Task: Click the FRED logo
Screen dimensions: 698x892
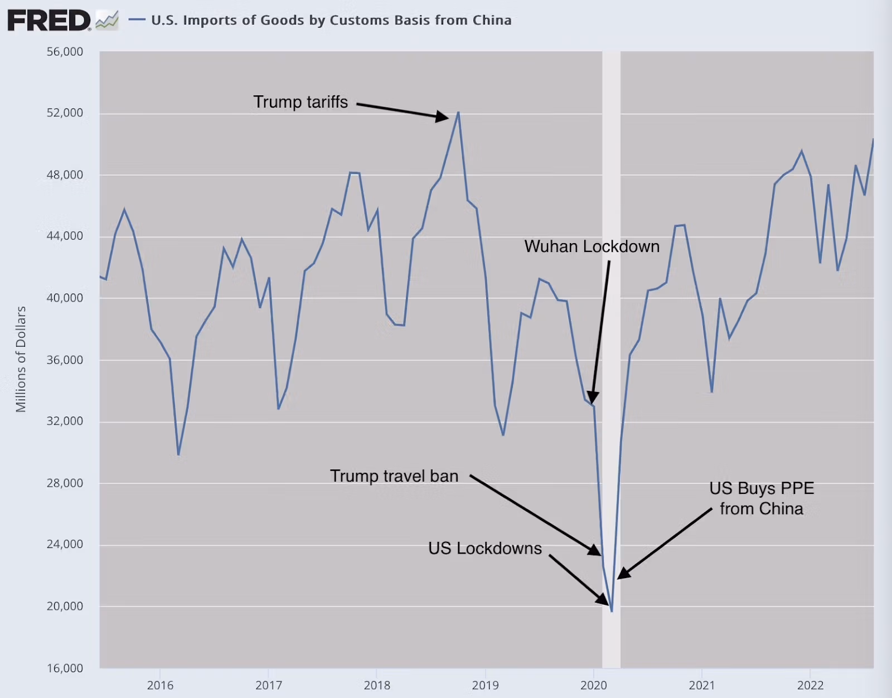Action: (49, 21)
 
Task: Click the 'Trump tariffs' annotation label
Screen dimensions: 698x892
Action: (300, 102)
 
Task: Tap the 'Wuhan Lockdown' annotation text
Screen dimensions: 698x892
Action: (592, 246)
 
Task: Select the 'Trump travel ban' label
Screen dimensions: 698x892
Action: (394, 476)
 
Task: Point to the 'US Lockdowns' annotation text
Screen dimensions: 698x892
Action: (485, 549)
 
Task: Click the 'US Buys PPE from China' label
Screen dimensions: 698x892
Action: (762, 498)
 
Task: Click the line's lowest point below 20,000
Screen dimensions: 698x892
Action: (612, 612)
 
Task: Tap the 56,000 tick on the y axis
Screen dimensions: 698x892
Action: (65, 52)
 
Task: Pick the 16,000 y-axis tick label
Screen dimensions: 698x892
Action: (65, 668)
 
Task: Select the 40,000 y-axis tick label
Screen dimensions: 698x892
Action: (65, 298)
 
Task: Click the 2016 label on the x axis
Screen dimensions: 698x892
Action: (160, 685)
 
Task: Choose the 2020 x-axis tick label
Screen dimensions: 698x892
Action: (593, 685)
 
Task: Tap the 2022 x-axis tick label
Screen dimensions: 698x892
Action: (810, 685)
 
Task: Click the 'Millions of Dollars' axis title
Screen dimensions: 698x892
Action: (21, 359)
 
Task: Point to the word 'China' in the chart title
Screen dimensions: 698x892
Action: (492, 21)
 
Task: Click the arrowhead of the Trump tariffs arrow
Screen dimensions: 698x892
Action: (443, 117)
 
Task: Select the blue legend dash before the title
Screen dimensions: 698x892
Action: (137, 20)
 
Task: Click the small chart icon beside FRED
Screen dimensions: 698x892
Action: (106, 21)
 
